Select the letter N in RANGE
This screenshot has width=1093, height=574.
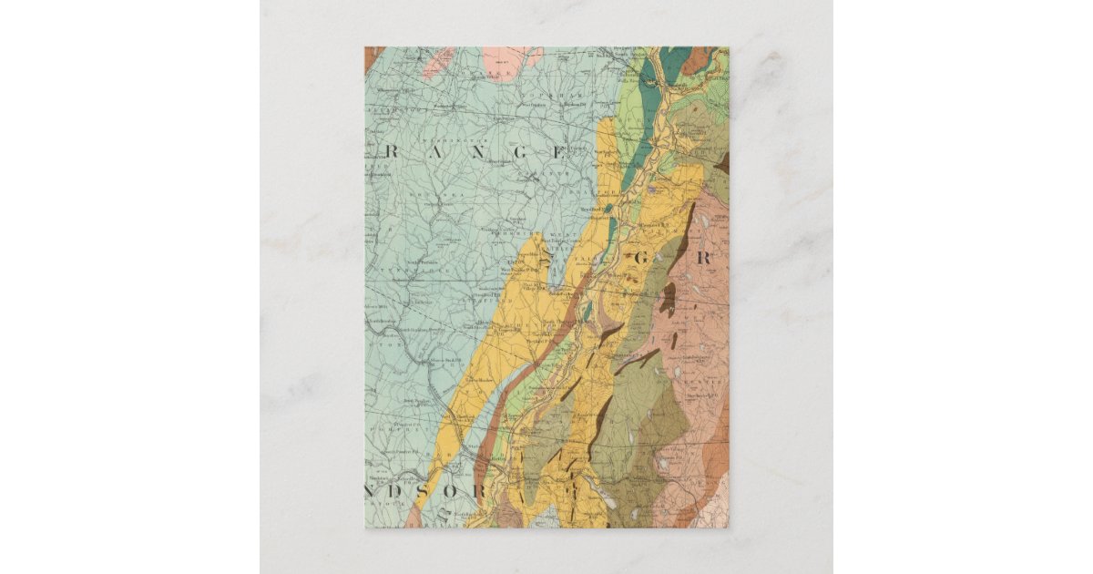[478, 152]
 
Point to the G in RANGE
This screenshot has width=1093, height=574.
[521, 152]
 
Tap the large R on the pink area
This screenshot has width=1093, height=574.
[703, 258]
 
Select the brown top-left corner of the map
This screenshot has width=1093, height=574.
[371, 56]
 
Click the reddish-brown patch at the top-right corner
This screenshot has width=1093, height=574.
[698, 58]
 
